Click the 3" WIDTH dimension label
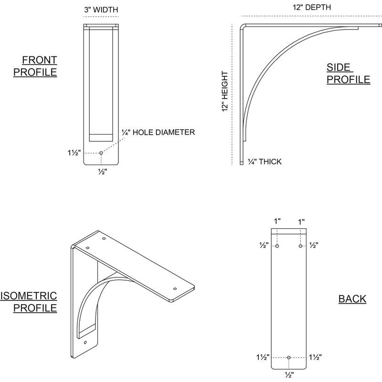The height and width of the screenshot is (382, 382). [x=101, y=10]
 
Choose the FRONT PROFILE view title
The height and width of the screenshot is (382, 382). [x=40, y=66]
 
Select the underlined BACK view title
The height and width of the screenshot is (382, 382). [x=352, y=299]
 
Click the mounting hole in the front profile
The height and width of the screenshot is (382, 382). [x=101, y=153]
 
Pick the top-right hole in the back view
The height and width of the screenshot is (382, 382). [x=300, y=246]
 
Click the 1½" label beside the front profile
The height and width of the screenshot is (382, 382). [x=74, y=153]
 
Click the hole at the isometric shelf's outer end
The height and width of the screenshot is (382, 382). [x=175, y=289]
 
